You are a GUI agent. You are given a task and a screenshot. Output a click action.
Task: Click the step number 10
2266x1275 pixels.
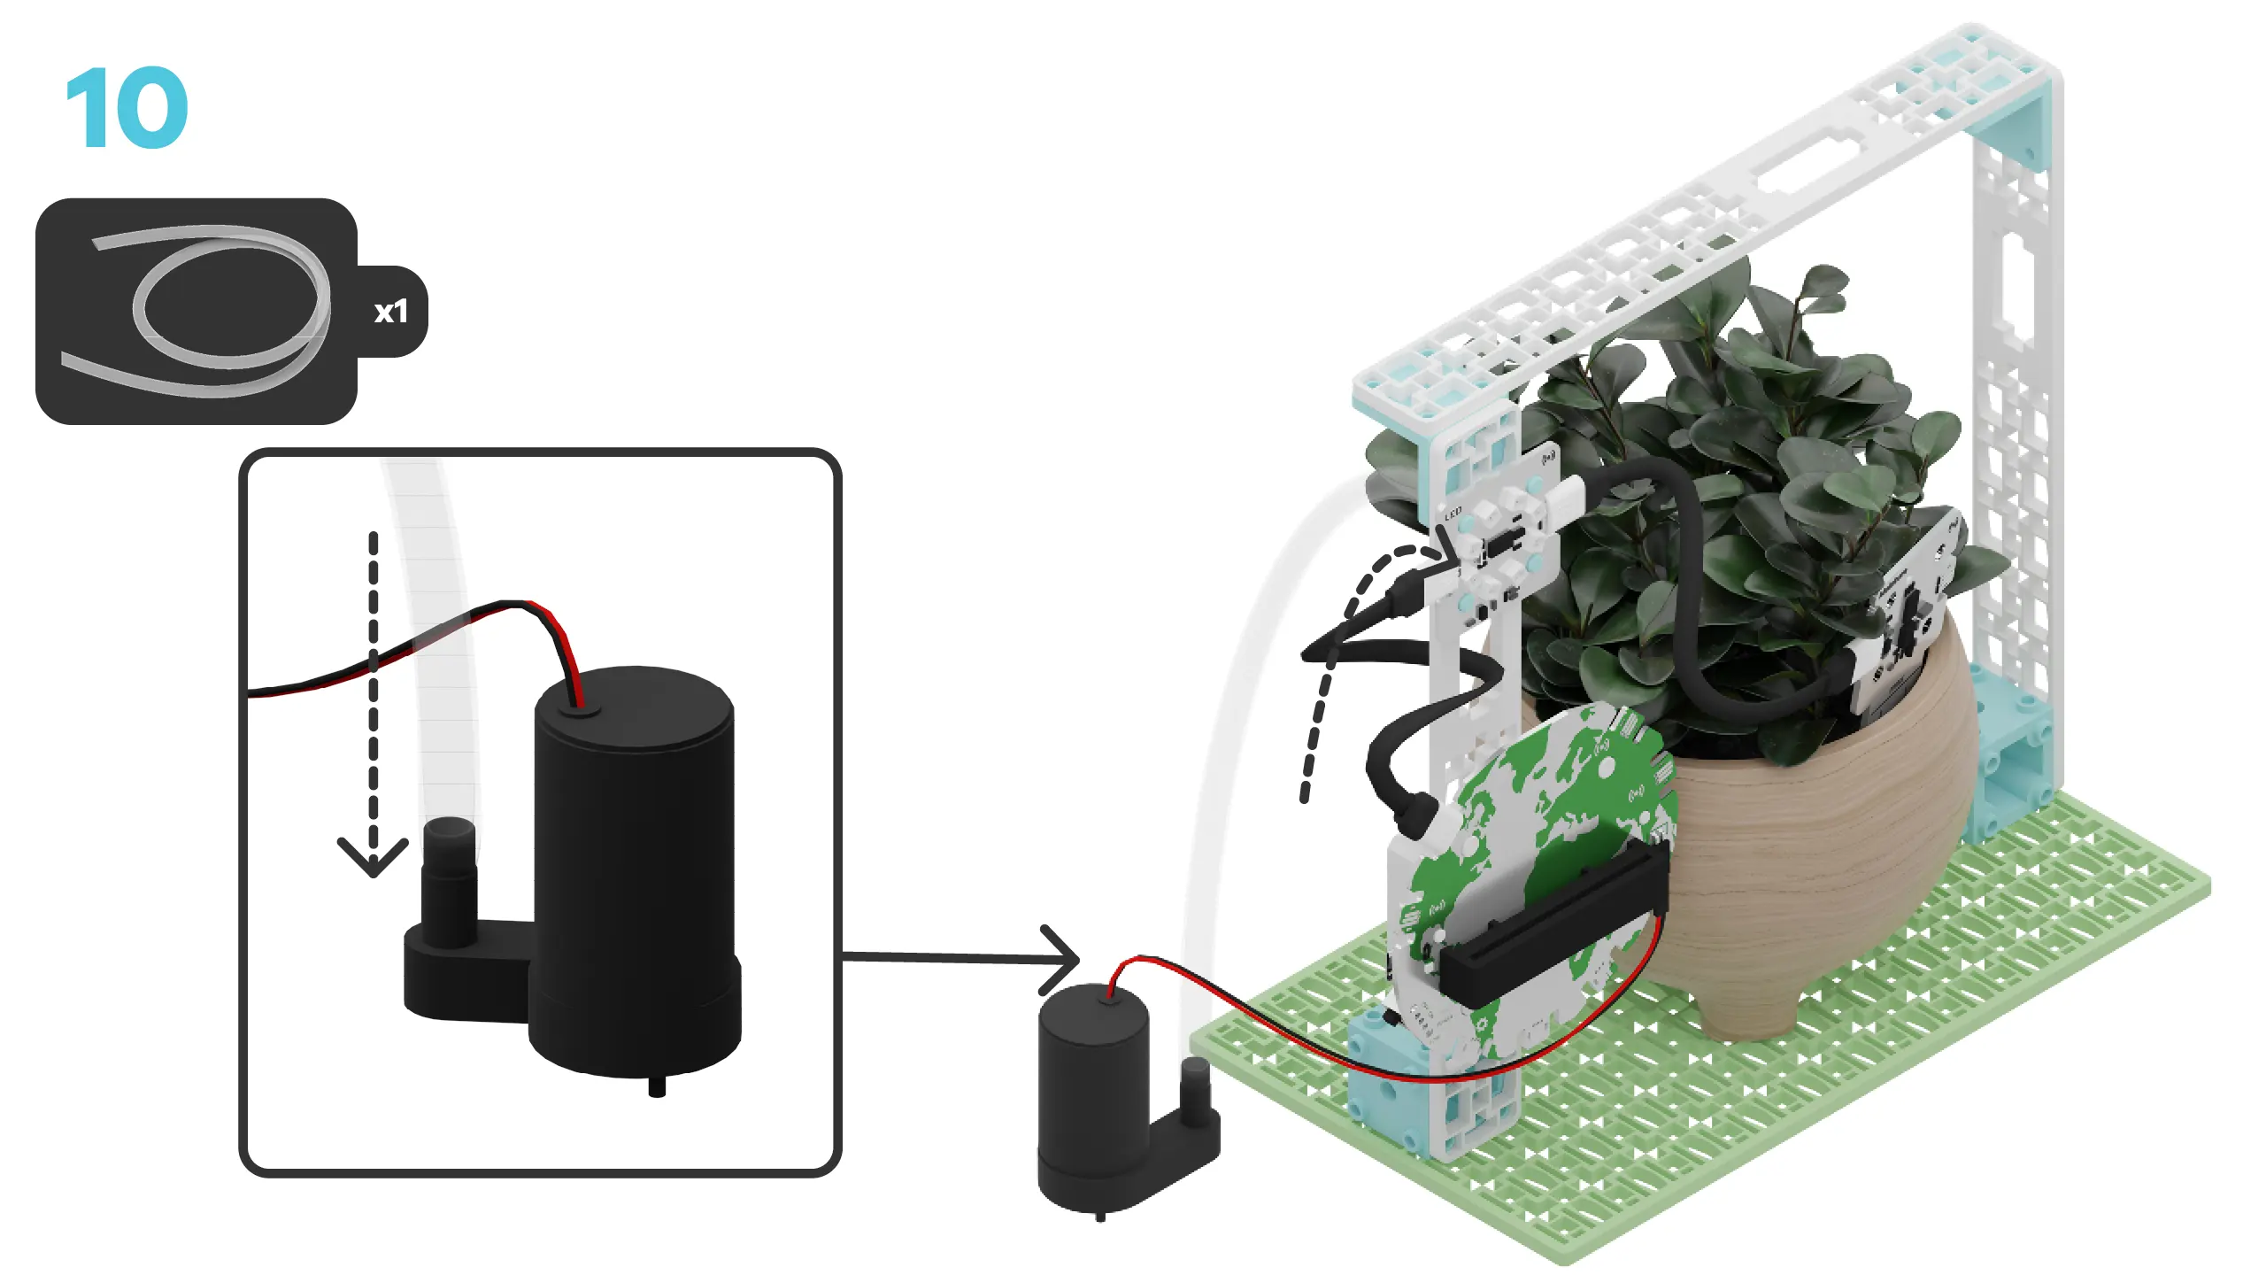[127, 108]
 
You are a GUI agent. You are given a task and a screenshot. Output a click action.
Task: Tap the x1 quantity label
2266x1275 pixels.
[390, 312]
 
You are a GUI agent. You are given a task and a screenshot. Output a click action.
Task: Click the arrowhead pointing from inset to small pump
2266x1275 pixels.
[1062, 959]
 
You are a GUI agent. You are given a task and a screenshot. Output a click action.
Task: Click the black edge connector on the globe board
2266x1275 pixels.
[1558, 921]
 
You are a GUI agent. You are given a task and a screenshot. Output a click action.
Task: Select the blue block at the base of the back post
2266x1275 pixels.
[2009, 753]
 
